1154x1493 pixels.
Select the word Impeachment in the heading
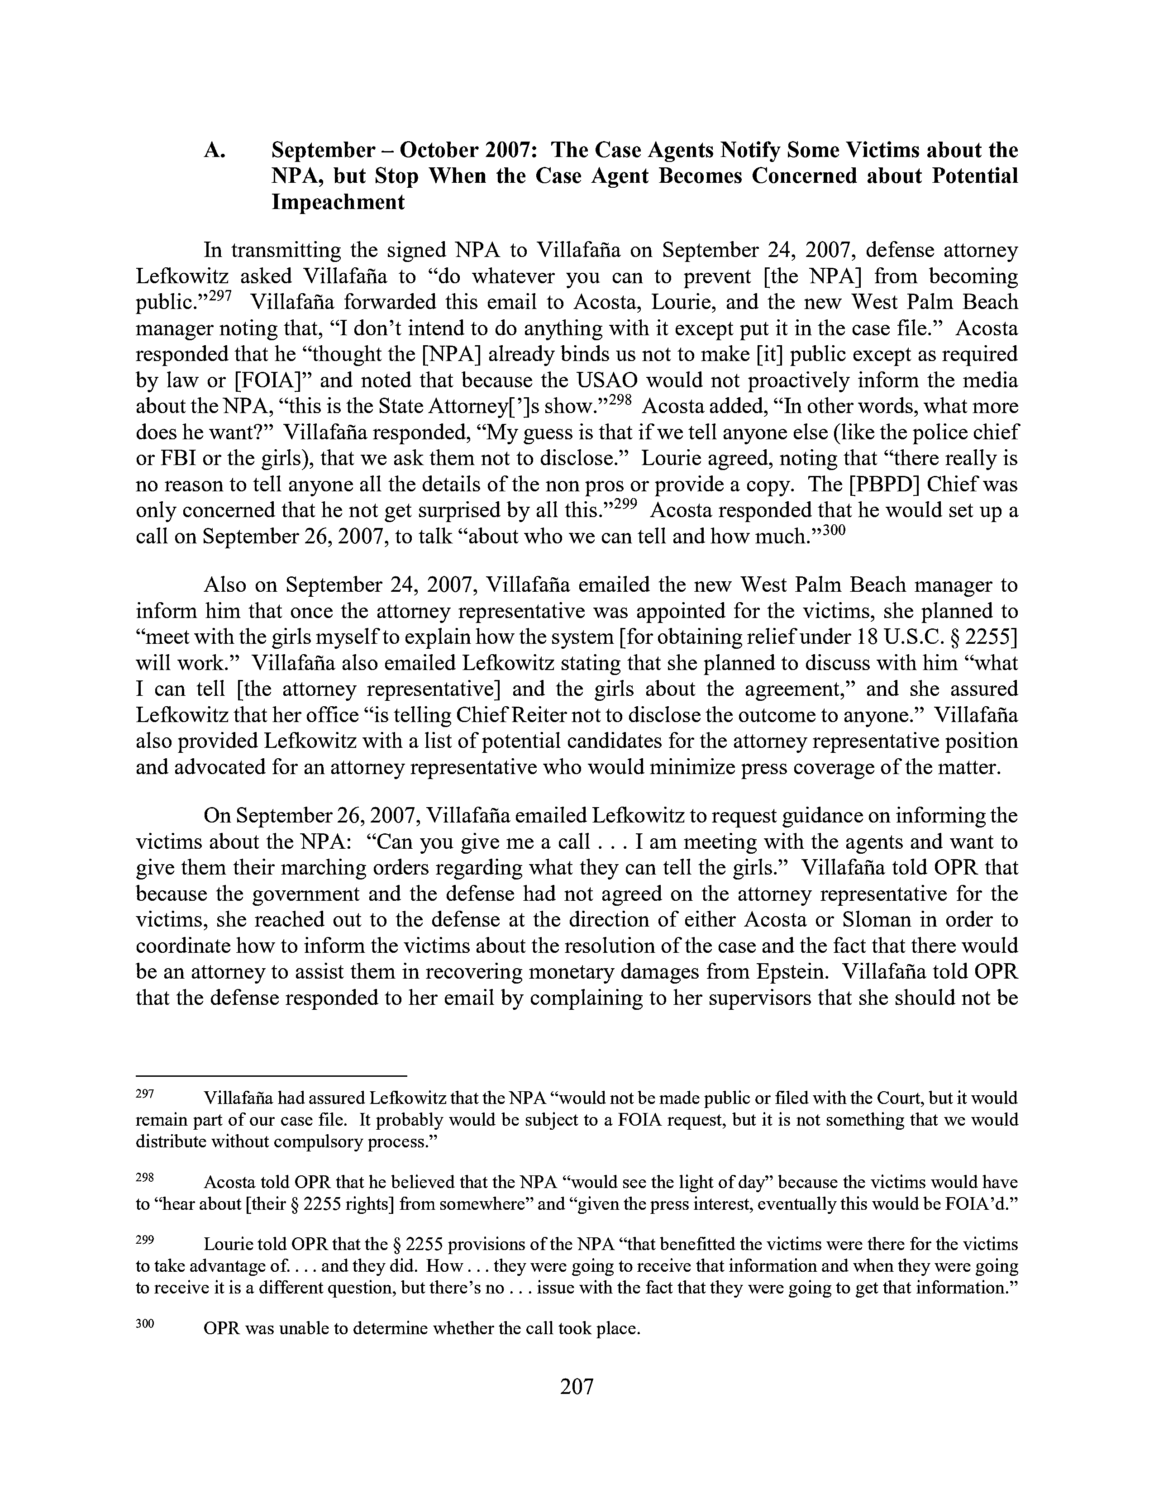[x=338, y=202]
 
